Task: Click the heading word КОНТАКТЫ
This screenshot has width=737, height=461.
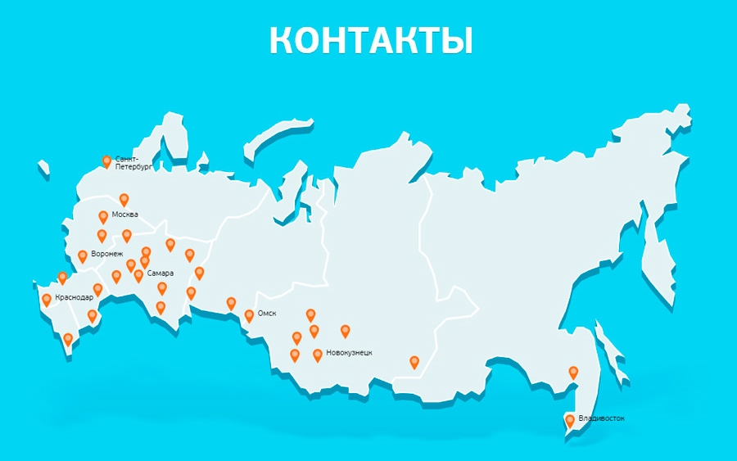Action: coord(371,41)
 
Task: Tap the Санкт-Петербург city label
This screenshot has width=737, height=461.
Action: coord(131,161)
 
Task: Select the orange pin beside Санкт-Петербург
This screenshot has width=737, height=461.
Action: coord(106,161)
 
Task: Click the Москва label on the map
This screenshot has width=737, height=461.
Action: coord(124,215)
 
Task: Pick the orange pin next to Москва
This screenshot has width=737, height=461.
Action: coord(103,216)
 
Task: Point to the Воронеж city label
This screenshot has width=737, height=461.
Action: coord(106,255)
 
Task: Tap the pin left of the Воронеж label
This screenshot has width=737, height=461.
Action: coord(83,255)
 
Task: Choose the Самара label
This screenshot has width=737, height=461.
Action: coord(161,273)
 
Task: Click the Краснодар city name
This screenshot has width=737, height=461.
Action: coord(74,297)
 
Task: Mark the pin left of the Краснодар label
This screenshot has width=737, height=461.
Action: coord(47,299)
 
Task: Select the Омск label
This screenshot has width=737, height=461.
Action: coord(268,314)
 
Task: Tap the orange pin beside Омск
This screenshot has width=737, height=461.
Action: coord(249,314)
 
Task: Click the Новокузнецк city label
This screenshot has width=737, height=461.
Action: coord(349,353)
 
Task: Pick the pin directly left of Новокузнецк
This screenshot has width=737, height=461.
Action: coord(318,354)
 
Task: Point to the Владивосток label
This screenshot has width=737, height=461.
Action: coord(601,418)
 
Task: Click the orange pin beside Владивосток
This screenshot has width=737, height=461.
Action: coord(570,420)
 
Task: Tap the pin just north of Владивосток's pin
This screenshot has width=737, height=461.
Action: coord(573,371)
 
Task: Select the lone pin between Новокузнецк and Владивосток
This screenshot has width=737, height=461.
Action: coord(414,360)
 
